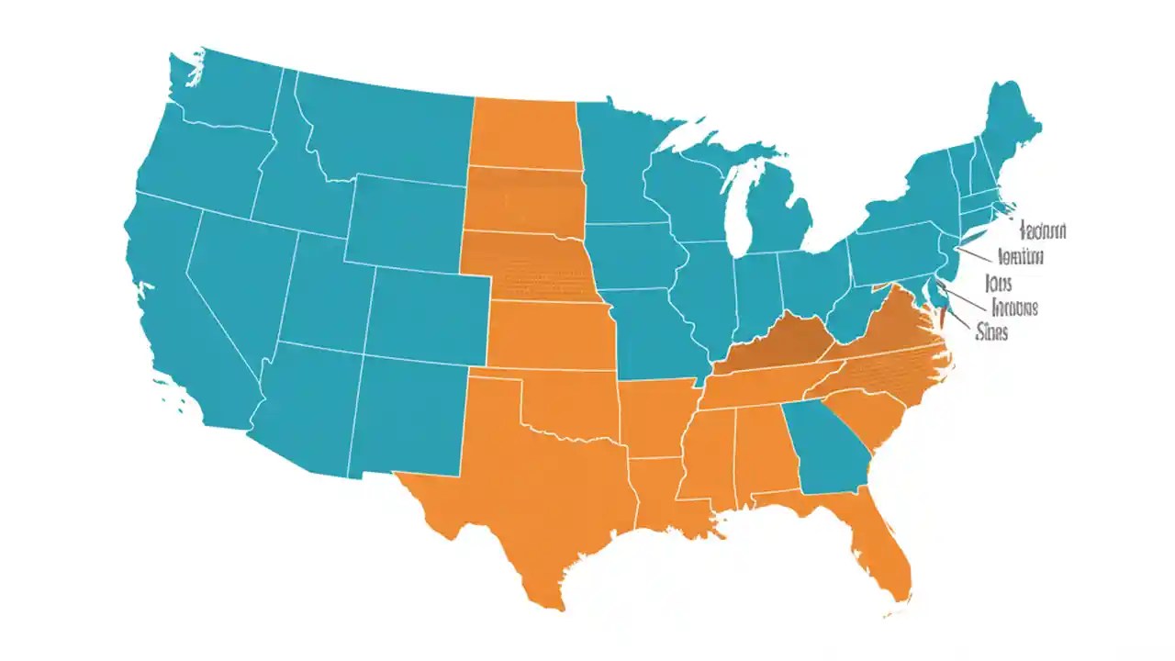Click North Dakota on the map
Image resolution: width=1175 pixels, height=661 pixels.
coord(523,133)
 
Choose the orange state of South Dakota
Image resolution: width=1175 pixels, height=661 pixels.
coord(523,197)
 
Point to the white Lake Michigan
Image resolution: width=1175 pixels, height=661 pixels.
coord(734,207)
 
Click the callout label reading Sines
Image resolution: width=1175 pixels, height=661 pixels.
coord(992,332)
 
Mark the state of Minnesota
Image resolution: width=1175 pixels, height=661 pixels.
coord(615,165)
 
